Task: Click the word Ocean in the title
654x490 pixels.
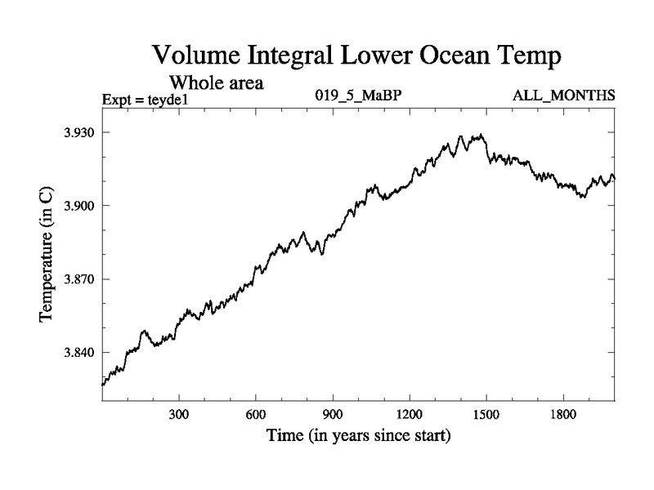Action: (448, 57)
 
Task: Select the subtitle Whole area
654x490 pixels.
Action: (216, 82)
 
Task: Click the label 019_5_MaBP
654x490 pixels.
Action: (358, 96)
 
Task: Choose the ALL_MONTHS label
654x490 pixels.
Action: (563, 96)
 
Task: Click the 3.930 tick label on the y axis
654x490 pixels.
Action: (79, 132)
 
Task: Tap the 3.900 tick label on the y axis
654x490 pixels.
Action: (79, 206)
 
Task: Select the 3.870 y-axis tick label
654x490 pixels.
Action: (79, 279)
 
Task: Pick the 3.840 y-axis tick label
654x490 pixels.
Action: (79, 353)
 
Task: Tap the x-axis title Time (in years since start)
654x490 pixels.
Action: (358, 437)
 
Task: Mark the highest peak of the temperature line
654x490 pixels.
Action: (482, 135)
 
